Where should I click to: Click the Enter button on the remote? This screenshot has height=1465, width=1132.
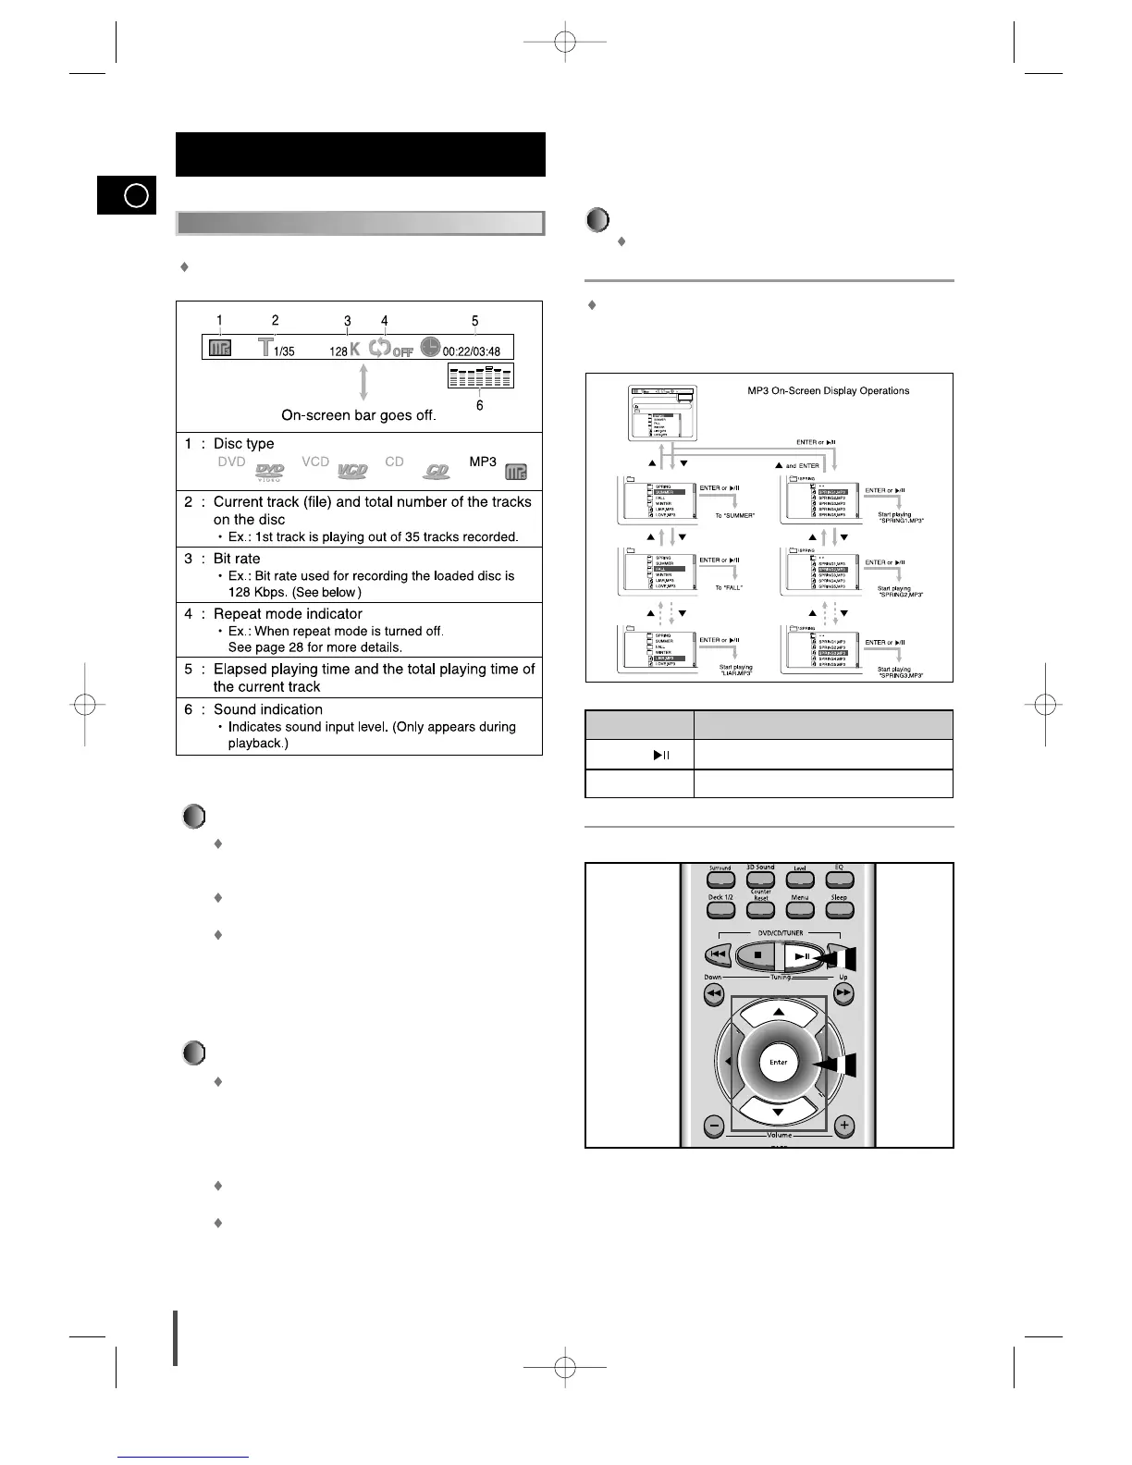779,1063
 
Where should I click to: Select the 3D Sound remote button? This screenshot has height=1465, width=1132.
760,880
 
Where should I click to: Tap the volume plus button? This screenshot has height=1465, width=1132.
843,1126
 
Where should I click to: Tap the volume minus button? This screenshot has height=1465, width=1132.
714,1126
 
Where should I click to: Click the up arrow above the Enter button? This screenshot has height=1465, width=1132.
779,1015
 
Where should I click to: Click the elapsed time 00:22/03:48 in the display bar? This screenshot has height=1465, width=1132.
472,351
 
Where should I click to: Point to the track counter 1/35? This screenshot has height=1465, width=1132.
284,351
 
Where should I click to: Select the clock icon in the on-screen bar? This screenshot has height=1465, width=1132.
430,347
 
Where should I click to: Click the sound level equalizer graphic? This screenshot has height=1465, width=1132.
479,375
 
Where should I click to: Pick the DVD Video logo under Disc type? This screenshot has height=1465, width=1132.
270,472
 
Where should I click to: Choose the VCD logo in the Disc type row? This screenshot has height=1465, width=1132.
352,471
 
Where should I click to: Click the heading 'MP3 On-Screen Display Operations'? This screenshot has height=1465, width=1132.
828,391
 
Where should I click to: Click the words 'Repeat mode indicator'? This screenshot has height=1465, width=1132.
288,614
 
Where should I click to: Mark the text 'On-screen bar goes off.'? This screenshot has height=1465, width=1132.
359,415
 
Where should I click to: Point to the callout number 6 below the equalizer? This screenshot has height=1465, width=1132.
479,404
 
